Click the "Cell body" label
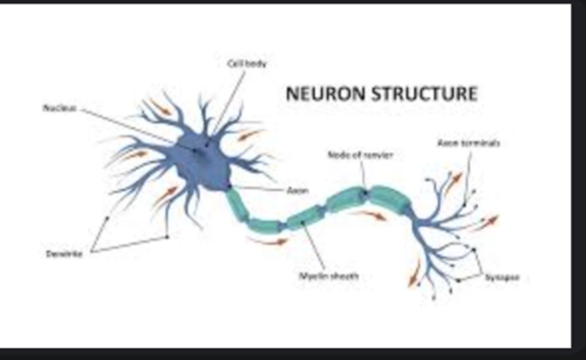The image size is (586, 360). tap(247, 64)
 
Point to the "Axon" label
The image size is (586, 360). tap(297, 190)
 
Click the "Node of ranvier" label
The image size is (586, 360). tap(360, 155)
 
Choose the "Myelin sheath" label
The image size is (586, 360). tap(329, 276)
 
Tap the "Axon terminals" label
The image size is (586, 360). tap(468, 143)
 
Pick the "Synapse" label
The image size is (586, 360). tap(502, 277)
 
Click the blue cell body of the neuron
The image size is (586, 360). tap(203, 163)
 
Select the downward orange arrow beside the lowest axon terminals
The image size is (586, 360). tap(414, 274)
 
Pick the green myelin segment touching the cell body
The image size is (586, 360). tap(237, 206)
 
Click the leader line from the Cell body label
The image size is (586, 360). tap(230, 102)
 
